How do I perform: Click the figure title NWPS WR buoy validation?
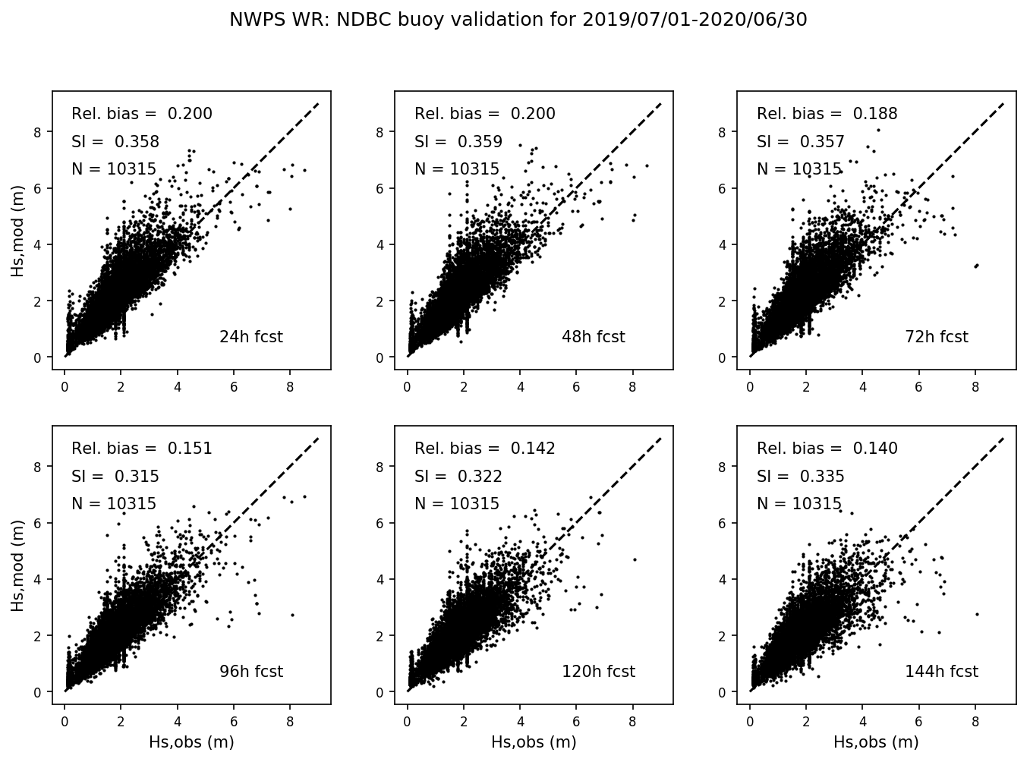click(x=518, y=20)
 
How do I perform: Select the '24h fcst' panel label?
click(x=250, y=337)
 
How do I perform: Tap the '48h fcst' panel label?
click(x=593, y=337)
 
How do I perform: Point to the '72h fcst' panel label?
click(x=936, y=337)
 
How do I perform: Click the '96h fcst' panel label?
click(x=250, y=672)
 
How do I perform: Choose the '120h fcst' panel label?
click(x=598, y=672)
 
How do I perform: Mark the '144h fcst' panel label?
click(x=941, y=672)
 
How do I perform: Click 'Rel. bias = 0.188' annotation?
click(x=827, y=114)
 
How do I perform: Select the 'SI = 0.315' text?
click(x=115, y=477)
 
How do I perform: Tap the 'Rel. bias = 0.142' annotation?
click(x=484, y=449)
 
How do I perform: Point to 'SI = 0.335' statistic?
click(x=800, y=477)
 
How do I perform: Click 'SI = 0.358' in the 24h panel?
click(x=115, y=142)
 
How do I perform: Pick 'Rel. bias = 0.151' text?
click(x=142, y=449)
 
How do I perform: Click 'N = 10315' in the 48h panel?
click(x=457, y=169)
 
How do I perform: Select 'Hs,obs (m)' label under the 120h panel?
click(x=534, y=742)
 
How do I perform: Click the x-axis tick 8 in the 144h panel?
click(x=975, y=722)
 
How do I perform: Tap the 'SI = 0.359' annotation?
click(x=458, y=142)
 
